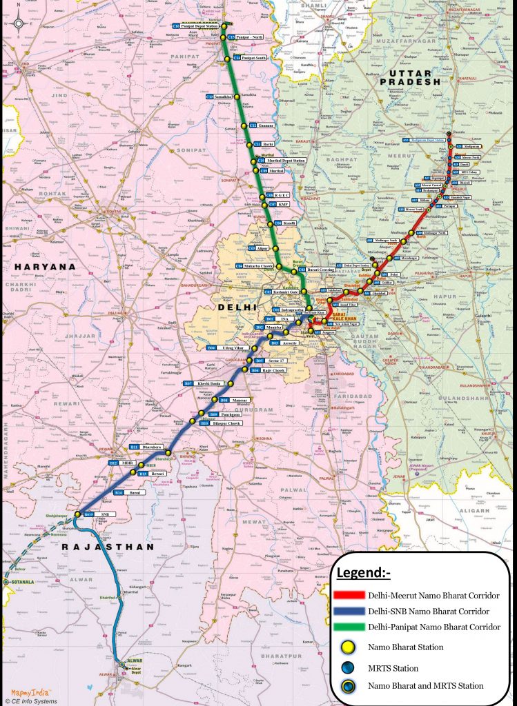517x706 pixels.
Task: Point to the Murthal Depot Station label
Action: tap(280, 161)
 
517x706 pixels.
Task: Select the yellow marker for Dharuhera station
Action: tap(168, 453)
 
